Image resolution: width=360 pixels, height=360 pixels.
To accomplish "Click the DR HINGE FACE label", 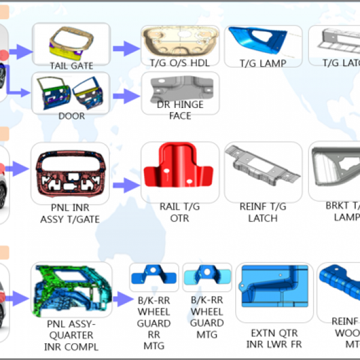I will tap(180, 110).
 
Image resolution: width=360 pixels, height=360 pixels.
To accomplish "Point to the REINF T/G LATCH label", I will tap(263, 212).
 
